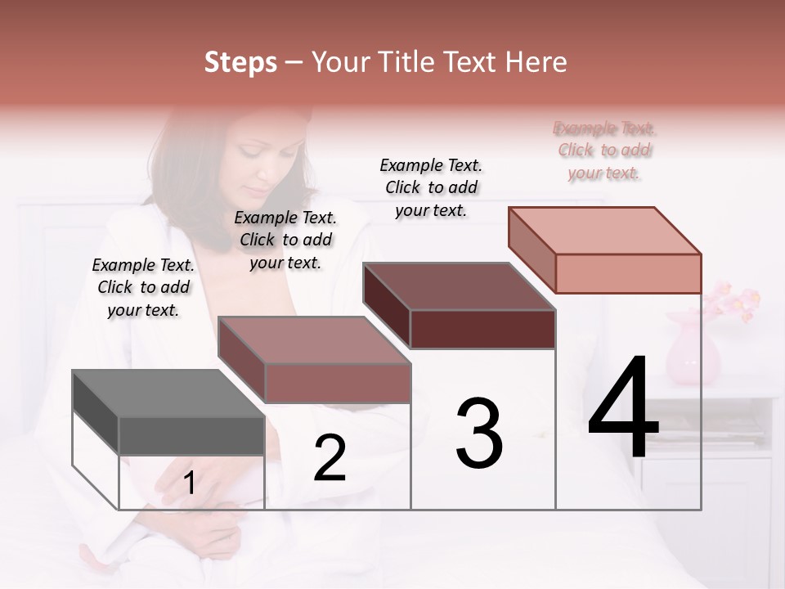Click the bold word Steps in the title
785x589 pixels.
click(x=240, y=62)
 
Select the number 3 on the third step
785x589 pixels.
click(x=478, y=434)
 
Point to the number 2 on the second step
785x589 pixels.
click(x=330, y=458)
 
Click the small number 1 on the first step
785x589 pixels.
click(x=189, y=483)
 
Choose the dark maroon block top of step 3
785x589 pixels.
click(x=458, y=286)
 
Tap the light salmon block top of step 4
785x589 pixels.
click(x=605, y=230)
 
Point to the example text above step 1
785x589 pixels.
click(x=143, y=287)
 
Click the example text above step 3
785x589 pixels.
click(x=431, y=187)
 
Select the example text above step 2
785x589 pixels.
click(x=285, y=240)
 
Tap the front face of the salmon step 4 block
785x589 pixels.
click(x=628, y=273)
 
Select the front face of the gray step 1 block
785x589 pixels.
click(x=191, y=435)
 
